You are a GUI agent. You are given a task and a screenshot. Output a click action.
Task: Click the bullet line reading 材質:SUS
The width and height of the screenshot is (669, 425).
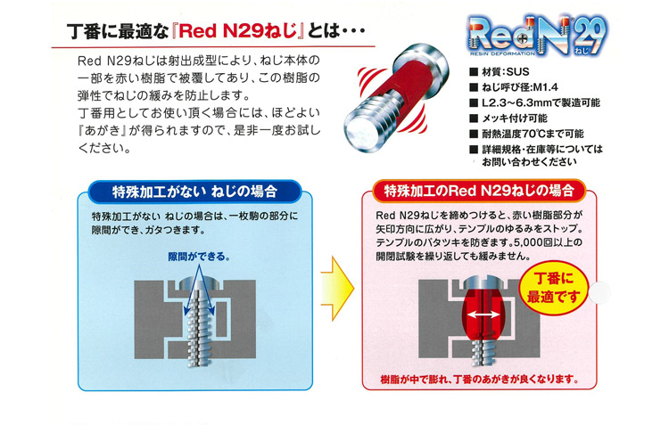pyautogui.click(x=500, y=71)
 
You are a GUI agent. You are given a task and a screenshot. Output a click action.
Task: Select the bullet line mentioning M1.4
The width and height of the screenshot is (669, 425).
pyautogui.click(x=514, y=87)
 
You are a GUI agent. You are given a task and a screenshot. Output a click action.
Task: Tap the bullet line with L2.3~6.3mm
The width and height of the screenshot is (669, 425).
pyautogui.click(x=534, y=102)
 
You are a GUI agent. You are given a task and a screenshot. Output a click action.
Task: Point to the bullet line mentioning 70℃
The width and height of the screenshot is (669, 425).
pyautogui.click(x=526, y=134)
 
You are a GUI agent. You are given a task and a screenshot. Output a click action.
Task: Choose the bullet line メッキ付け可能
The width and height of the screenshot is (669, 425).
pyautogui.click(x=508, y=119)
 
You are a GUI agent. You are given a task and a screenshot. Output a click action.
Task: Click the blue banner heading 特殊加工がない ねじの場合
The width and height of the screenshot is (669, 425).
pyautogui.click(x=194, y=192)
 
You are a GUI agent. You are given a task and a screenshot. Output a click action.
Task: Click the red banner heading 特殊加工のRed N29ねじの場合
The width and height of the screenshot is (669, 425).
pyautogui.click(x=479, y=191)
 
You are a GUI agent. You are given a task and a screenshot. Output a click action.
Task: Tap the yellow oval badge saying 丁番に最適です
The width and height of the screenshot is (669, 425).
pyautogui.click(x=553, y=288)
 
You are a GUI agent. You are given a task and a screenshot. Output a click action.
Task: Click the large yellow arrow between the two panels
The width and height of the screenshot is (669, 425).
pyautogui.click(x=337, y=289)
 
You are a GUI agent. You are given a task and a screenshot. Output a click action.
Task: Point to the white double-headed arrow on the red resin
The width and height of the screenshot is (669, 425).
pyautogui.click(x=483, y=315)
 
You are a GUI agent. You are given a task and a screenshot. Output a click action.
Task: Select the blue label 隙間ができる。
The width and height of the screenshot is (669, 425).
pyautogui.click(x=199, y=257)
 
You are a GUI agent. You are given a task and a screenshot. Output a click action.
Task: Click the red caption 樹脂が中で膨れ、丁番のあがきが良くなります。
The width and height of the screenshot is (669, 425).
pyautogui.click(x=479, y=379)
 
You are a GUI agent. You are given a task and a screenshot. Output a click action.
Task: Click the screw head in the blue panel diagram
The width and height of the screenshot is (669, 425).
pyautogui.click(x=199, y=282)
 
